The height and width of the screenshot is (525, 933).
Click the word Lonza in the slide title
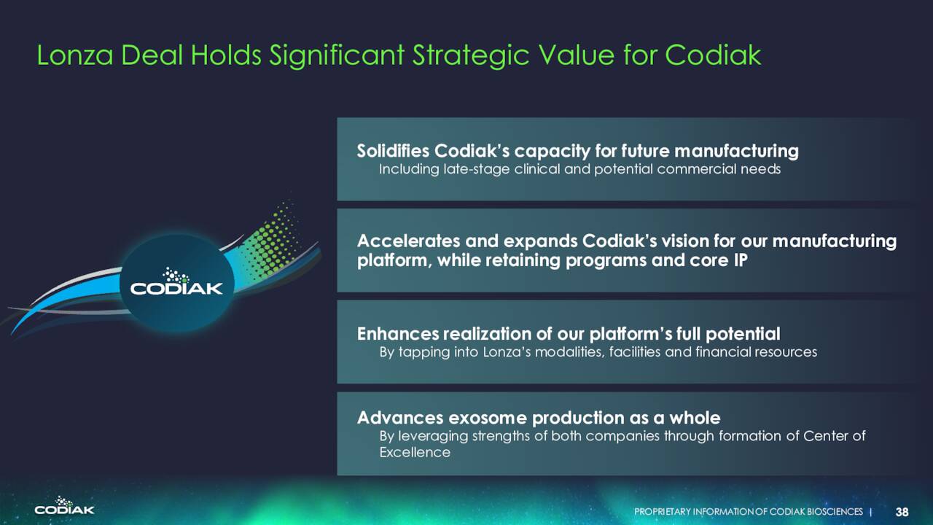[75, 55]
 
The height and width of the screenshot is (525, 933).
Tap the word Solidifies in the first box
[393, 150]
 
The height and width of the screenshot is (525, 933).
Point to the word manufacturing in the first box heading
[736, 151]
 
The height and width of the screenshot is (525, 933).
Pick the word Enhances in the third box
[398, 334]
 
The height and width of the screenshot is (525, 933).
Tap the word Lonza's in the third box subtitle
[507, 352]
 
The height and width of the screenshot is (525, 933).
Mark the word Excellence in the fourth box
[415, 453]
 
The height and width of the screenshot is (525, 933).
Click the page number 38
[902, 512]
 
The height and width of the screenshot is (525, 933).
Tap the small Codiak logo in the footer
[65, 505]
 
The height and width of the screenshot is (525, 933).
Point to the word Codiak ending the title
[713, 55]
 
